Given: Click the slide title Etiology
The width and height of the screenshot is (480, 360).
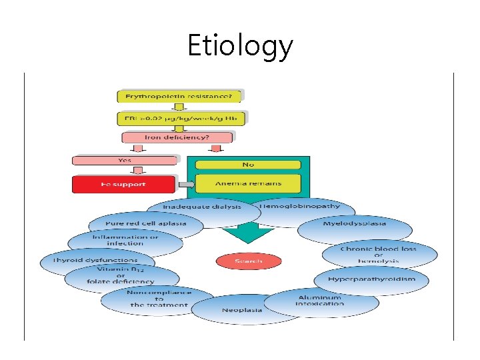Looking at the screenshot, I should [x=240, y=45].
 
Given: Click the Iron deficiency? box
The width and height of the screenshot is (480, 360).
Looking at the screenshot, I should [x=177, y=137].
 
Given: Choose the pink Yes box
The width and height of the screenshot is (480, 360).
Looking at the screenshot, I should [x=125, y=160].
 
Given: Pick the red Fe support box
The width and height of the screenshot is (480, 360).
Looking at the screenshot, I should [x=124, y=183].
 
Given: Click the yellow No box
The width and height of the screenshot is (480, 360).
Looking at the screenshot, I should [x=249, y=164].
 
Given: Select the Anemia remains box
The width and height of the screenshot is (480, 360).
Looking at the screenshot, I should [x=249, y=183].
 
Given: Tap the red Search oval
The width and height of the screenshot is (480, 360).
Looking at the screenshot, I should [x=249, y=261].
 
